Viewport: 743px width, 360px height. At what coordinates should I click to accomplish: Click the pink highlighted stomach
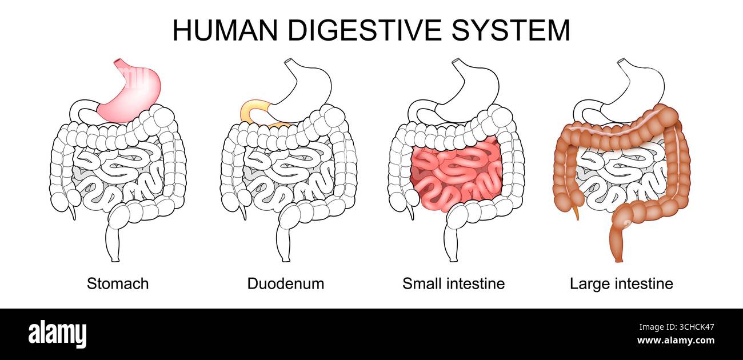point(133,96)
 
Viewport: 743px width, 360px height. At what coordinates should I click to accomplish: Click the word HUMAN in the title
point(225,30)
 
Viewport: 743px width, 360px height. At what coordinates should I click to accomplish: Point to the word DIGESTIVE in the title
point(365,30)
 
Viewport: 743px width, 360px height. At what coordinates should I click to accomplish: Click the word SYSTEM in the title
point(510,30)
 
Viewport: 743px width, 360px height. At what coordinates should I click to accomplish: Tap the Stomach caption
point(118,284)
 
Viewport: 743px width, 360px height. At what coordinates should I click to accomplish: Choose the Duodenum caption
point(286,284)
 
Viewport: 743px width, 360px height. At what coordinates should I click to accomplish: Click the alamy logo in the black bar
point(57,334)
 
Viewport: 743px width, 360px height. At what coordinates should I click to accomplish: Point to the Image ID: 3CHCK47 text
point(677,327)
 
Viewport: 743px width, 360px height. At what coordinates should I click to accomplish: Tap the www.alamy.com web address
point(676,341)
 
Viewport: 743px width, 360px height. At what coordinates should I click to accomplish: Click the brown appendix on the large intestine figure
point(576,211)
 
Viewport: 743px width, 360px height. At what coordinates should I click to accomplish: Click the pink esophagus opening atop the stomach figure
point(118,62)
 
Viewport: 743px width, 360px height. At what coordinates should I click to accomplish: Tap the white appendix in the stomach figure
point(73,211)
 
